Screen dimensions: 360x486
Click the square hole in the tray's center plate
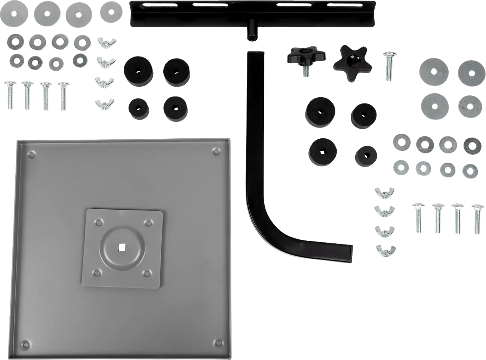tap(120, 246)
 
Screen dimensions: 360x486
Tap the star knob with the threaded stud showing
tap(306, 56)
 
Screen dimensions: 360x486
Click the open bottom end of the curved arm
tap(351, 253)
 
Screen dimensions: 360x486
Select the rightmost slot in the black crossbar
tap(341, 5)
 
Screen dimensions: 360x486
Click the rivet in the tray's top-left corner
tap(32, 154)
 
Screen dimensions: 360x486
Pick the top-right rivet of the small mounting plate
tap(148, 224)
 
